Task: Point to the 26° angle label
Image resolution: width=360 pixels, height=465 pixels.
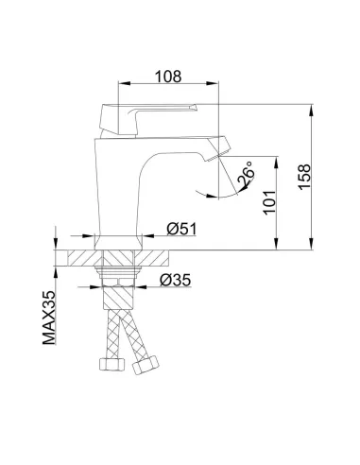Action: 246,176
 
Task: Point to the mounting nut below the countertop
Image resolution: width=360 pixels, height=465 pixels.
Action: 121,277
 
